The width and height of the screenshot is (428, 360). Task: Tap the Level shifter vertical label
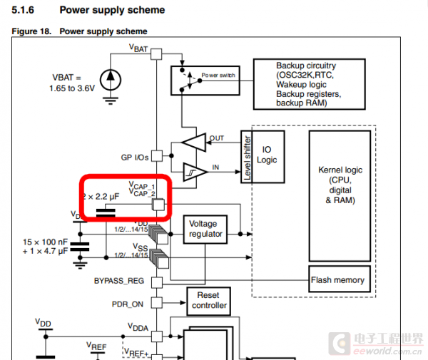pos(248,158)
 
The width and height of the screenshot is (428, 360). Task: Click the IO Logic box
pos(267,155)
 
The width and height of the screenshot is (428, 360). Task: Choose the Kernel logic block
pos(340,185)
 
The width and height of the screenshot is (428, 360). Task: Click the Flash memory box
pos(338,280)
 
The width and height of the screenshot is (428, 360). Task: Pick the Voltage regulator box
pos(205,229)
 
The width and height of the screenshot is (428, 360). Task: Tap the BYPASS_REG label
pos(118,281)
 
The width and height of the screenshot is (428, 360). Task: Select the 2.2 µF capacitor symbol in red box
pos(106,212)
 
